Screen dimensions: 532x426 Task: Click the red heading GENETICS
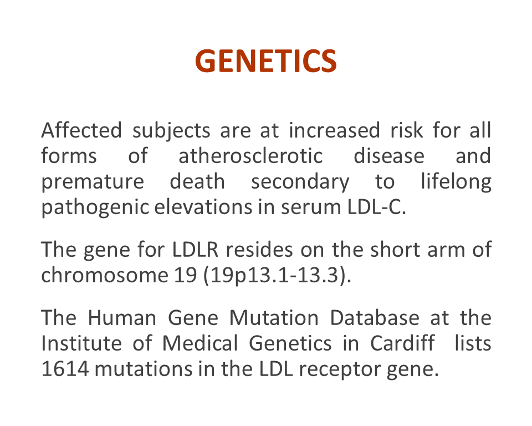[x=265, y=61]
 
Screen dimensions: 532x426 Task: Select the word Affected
[x=81, y=130]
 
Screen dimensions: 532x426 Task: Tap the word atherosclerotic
[x=250, y=156]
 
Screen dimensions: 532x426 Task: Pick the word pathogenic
[x=95, y=208]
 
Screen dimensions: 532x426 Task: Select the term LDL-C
[x=377, y=207]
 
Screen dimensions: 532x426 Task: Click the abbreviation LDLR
[x=195, y=250]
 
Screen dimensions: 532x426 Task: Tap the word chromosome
[x=105, y=275]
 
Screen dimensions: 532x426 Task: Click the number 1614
[x=65, y=369]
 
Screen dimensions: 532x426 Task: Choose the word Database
[x=375, y=318]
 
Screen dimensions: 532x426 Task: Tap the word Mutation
[x=274, y=318]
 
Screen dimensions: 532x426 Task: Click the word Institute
[x=81, y=343]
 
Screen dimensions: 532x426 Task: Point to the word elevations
[x=203, y=207]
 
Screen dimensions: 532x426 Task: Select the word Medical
[x=200, y=343]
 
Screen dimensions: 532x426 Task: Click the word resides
[x=259, y=250]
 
